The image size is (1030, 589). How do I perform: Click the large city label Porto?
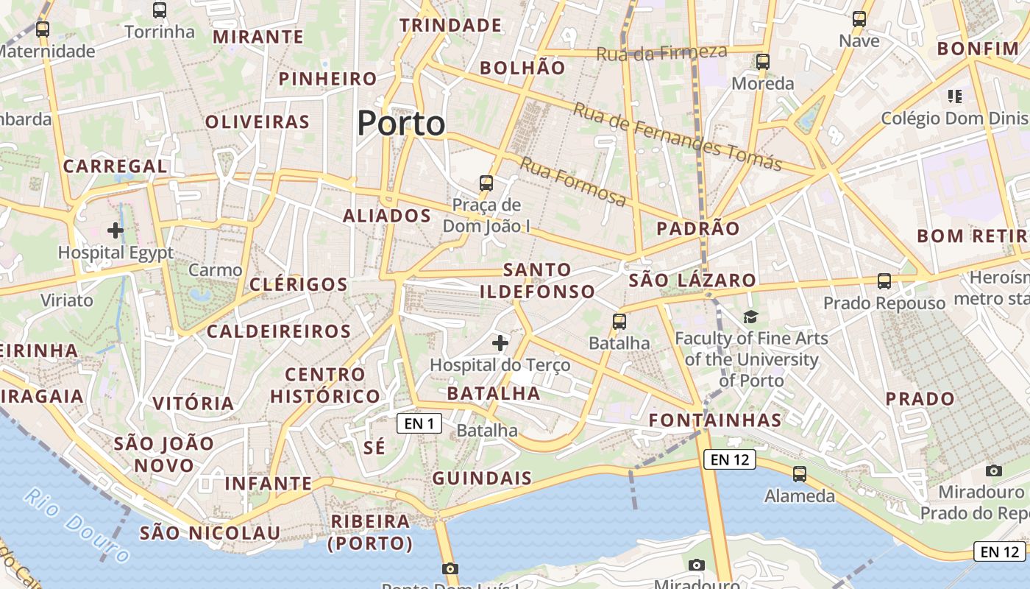tap(401, 123)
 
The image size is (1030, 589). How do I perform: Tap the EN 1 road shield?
tap(419, 423)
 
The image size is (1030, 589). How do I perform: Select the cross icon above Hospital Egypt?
tap(116, 230)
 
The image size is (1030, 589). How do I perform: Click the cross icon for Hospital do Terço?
tap(500, 342)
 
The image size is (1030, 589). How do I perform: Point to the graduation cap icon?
tap(750, 317)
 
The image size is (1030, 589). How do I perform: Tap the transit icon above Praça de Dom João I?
tap(486, 183)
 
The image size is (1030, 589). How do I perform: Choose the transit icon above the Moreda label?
tap(763, 62)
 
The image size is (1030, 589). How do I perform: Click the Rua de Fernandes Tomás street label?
tap(677, 137)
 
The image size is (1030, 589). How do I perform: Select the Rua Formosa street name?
tap(573, 182)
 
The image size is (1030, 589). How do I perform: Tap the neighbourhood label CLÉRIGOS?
tap(298, 284)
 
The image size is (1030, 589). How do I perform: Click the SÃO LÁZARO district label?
tap(692, 281)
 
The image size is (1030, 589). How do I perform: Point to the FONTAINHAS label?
tap(714, 420)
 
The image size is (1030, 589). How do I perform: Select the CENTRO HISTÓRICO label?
tap(325, 385)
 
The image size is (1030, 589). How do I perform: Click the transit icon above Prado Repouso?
tap(884, 281)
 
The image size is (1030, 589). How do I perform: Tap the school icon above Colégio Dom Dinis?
tap(955, 96)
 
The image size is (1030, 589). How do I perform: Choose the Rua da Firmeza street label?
tap(661, 53)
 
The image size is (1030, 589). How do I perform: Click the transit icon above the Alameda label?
tap(800, 474)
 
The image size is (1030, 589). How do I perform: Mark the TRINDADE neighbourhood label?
tap(450, 26)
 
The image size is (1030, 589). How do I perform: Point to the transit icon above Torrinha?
tap(160, 10)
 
